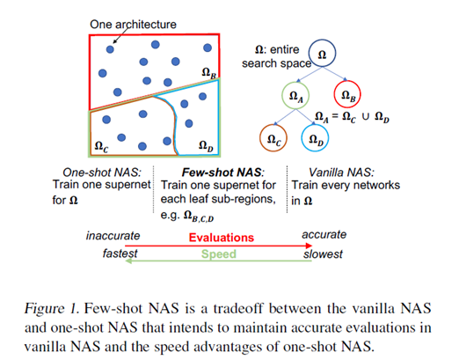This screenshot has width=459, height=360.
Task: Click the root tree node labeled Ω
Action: (321, 55)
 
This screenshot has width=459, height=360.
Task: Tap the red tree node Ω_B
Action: (348, 94)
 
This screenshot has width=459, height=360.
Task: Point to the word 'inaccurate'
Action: (113, 236)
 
